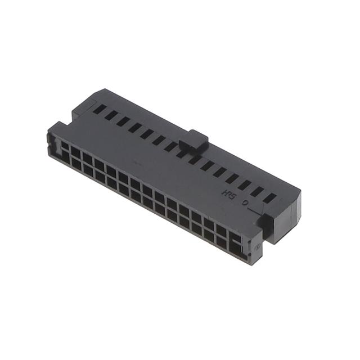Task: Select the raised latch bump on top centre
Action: (195, 139)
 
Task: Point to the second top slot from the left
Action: (111, 115)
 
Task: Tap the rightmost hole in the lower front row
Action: (235, 249)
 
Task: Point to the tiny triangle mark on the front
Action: (255, 246)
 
